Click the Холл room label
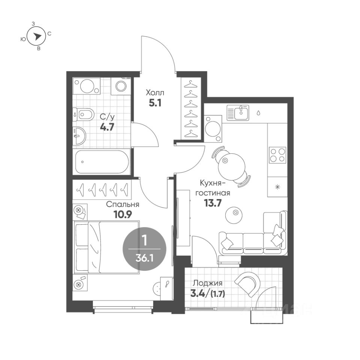[155, 93]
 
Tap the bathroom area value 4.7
[107, 127]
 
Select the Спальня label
[123, 205]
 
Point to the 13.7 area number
[213, 203]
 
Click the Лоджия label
[207, 283]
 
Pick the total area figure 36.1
[144, 259]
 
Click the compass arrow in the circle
[36, 36]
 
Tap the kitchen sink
[238, 113]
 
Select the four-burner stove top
[277, 155]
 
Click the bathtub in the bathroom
[102, 162]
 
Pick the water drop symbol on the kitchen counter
[258, 113]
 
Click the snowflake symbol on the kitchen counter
[277, 187]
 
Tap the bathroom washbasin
[79, 136]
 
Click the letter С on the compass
[49, 34]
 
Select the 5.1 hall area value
[155, 103]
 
